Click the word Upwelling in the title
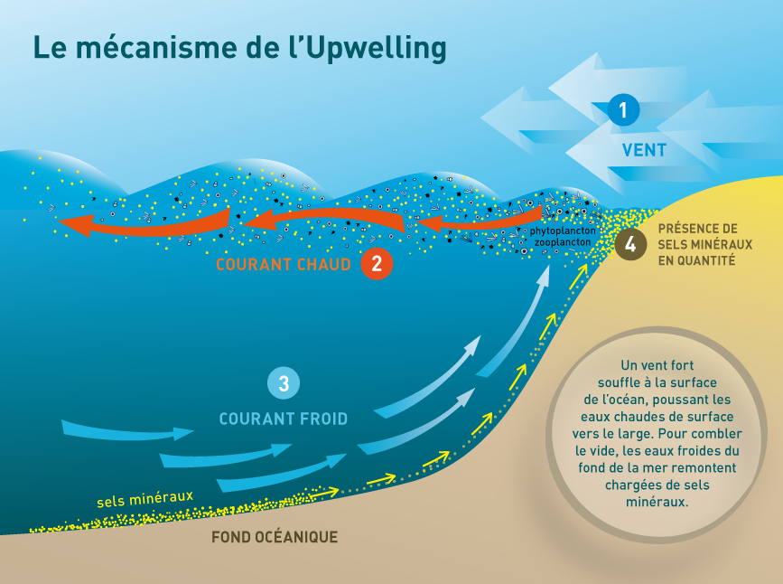375,49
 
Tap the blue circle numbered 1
623,110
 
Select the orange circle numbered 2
377,263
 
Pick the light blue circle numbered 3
284,383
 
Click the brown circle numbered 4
630,244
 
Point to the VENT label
644,150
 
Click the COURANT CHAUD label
284,265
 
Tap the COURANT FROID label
284,419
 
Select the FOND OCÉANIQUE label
275,537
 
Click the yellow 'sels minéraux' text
144,499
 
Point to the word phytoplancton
563,231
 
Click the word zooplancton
563,242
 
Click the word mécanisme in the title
156,48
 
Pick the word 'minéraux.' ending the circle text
657,502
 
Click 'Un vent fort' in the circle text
657,365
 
